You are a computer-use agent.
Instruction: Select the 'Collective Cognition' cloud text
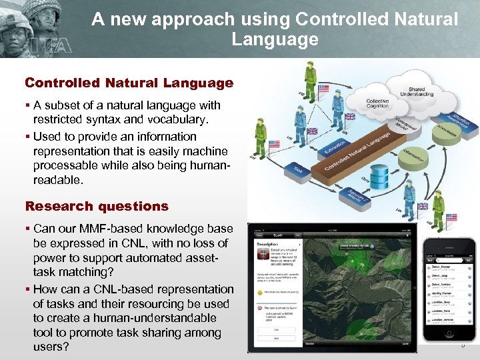(x=377, y=103)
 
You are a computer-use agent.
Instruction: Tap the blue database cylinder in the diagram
(x=379, y=176)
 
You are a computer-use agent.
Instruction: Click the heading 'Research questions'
(x=97, y=206)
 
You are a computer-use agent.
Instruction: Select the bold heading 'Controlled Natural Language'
(x=129, y=83)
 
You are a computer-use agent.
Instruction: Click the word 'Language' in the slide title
(x=275, y=39)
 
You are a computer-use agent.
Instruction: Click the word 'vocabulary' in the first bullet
(x=173, y=119)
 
